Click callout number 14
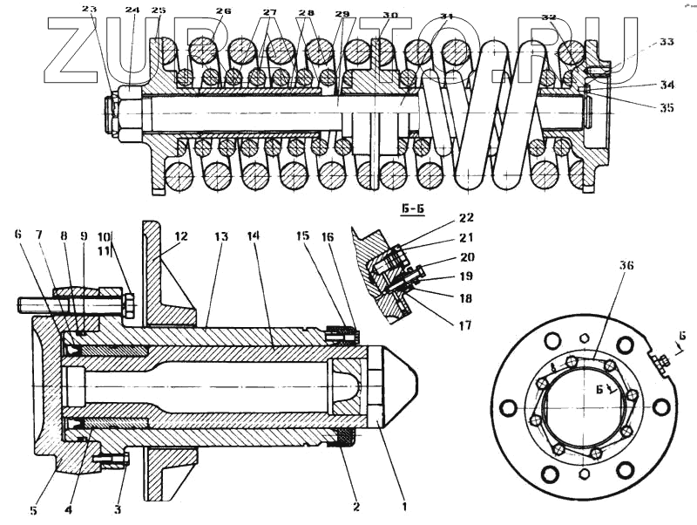coord(253,236)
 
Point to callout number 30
coord(389,16)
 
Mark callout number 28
coord(306,13)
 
